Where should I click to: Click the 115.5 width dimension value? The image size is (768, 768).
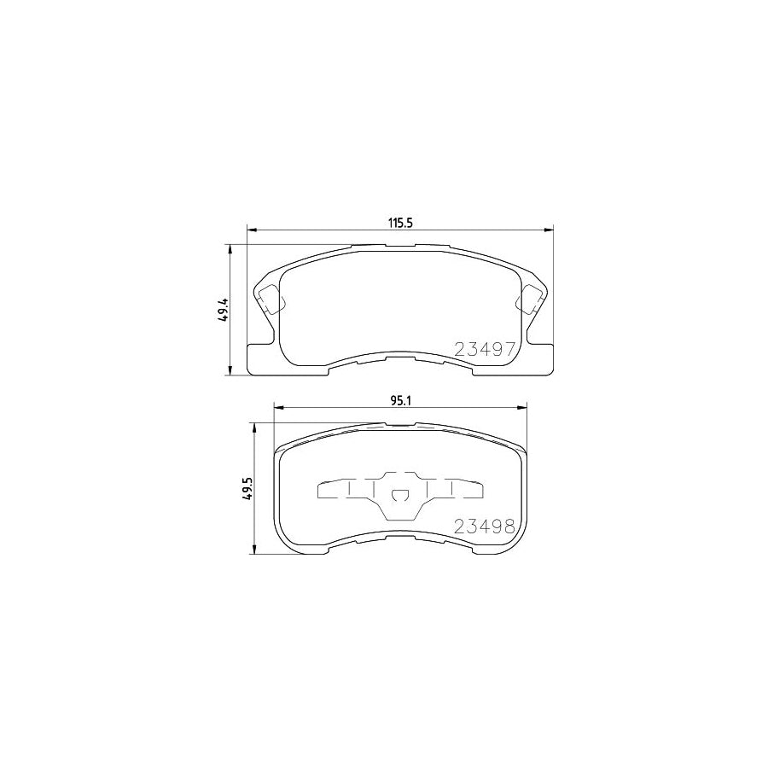tap(400, 224)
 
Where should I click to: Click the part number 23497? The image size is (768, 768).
tap(484, 348)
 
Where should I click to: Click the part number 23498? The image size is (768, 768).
tap(484, 526)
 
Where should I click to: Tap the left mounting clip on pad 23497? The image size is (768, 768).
tap(270, 299)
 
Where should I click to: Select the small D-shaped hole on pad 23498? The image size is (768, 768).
tap(399, 495)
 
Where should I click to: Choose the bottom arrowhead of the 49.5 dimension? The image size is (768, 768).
tap(254, 551)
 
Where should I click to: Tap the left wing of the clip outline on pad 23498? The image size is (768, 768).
tap(329, 490)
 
